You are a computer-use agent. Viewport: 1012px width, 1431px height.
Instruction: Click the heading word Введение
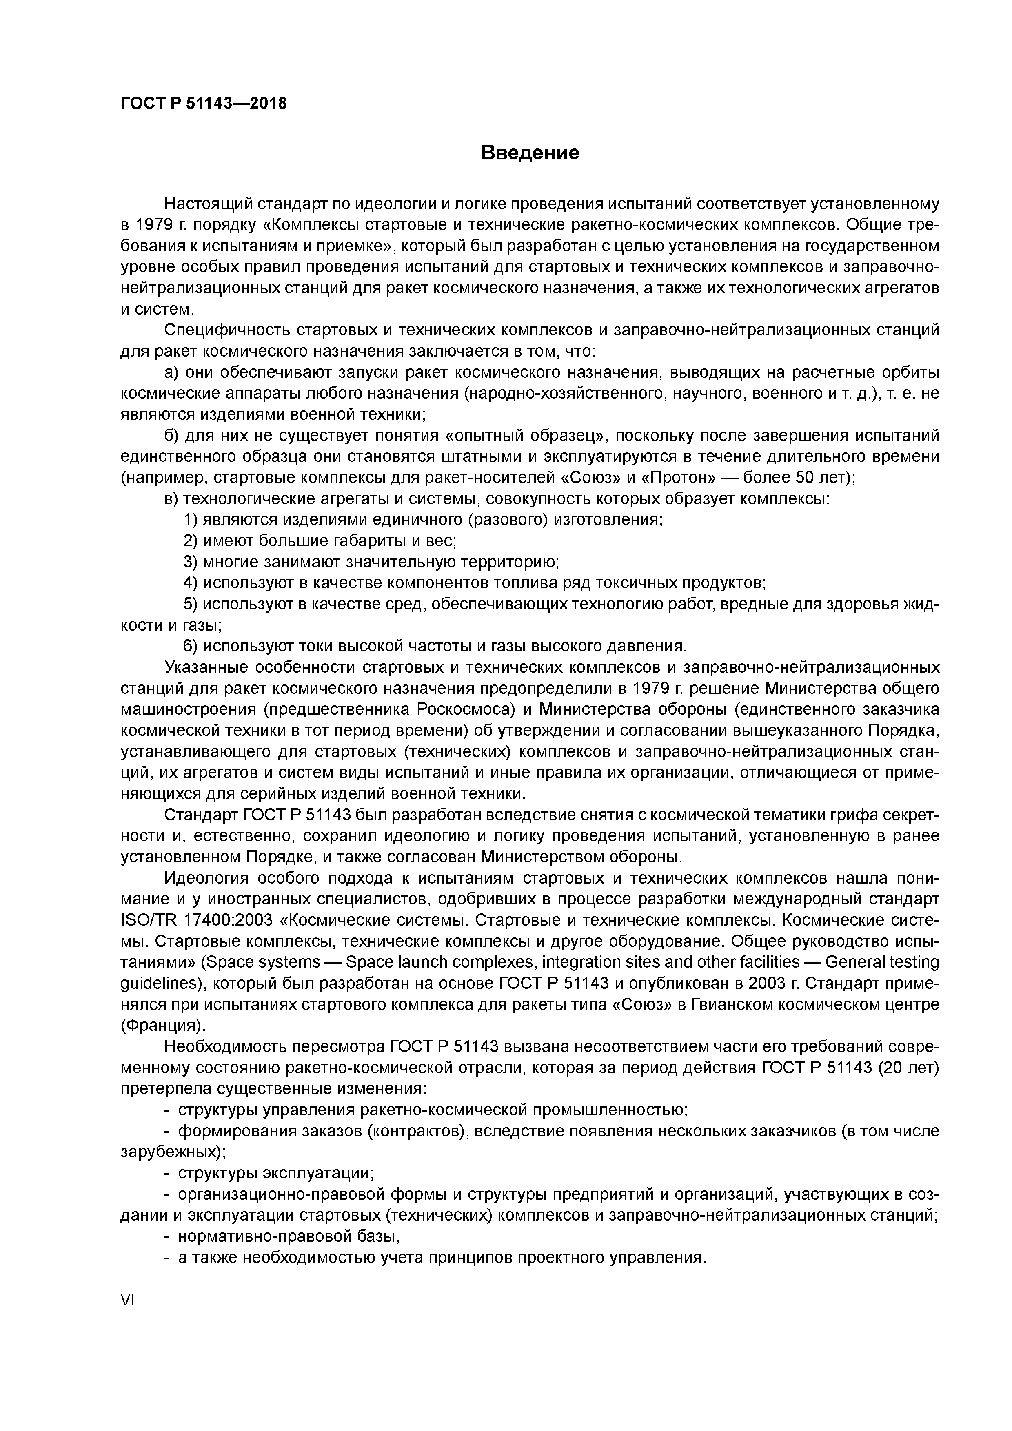pos(530,153)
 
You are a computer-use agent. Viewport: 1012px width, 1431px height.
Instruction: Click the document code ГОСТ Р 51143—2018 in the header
pos(203,104)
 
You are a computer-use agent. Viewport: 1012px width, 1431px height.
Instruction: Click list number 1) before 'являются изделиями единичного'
pos(191,520)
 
